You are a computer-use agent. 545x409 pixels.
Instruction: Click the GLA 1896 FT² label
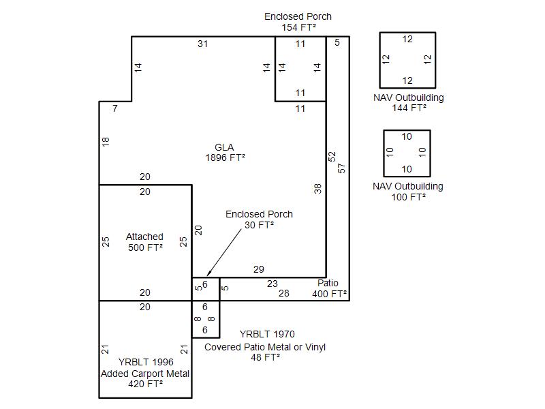(225, 152)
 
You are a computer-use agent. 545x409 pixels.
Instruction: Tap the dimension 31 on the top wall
(202, 44)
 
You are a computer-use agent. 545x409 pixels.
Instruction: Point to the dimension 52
(332, 156)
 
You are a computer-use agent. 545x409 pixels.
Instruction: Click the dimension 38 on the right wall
(318, 189)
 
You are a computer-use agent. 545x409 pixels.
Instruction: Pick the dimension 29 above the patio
(258, 270)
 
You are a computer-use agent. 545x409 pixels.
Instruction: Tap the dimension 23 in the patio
(272, 284)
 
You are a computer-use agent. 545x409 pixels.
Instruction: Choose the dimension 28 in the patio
(284, 294)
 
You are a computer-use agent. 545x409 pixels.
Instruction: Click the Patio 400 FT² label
(330, 289)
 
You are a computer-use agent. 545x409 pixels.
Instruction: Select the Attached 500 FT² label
(144, 242)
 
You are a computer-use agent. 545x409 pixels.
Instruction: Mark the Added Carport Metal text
(145, 374)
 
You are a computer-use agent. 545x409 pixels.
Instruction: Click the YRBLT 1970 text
(267, 335)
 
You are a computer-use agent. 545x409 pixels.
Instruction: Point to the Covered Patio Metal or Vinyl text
(265, 347)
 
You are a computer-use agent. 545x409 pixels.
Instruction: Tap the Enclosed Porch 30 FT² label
(259, 219)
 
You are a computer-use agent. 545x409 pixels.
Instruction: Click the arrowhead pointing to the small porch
(207, 274)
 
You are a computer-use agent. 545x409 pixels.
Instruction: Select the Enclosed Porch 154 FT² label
(298, 22)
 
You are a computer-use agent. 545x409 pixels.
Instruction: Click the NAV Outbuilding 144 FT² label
(409, 102)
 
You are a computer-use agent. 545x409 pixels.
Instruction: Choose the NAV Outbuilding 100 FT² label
(409, 192)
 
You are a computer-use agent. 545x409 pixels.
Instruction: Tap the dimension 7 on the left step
(115, 108)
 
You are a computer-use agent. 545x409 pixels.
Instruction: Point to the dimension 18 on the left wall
(106, 142)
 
